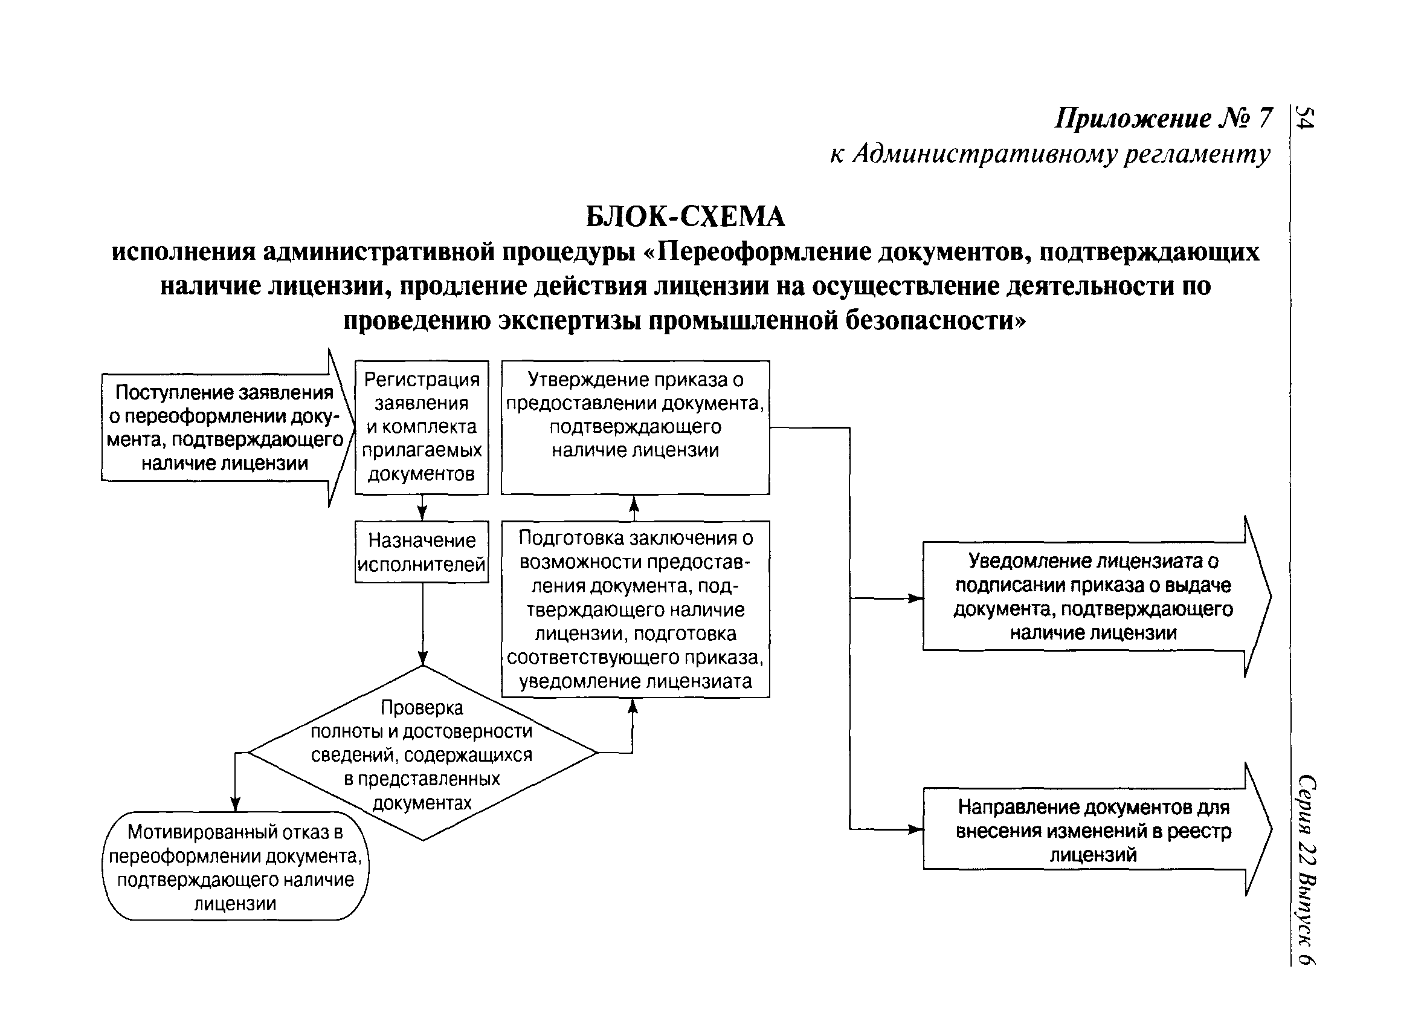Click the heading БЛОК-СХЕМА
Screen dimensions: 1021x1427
(685, 217)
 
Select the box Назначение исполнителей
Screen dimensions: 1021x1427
(422, 552)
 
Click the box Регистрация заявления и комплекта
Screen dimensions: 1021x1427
(422, 427)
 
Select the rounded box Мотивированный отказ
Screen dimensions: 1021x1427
(236, 867)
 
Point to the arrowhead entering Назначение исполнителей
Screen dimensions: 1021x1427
(422, 514)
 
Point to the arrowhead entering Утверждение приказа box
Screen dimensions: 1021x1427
(634, 504)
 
